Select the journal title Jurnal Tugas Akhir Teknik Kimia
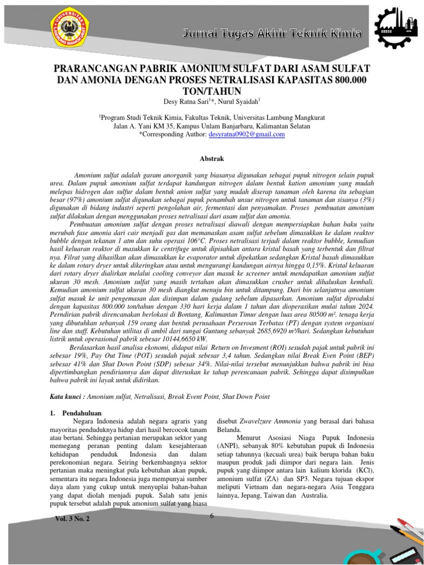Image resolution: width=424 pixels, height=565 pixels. [x=272, y=35]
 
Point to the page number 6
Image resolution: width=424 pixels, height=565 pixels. [x=211, y=516]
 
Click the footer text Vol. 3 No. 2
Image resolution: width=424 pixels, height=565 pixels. [x=72, y=520]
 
